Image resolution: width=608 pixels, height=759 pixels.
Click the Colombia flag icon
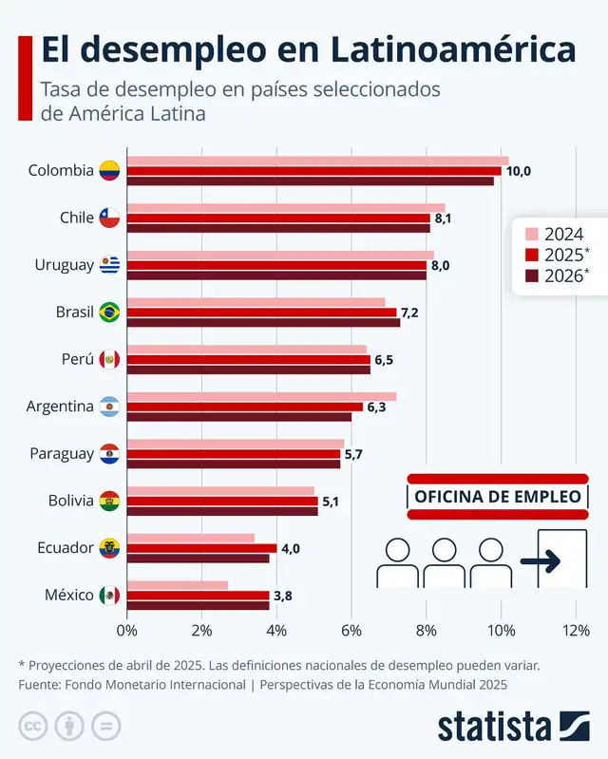tap(110, 171)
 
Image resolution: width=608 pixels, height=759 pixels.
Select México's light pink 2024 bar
tap(178, 585)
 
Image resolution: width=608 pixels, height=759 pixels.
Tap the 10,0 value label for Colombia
tap(518, 171)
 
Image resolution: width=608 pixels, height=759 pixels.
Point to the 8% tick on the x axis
tap(426, 630)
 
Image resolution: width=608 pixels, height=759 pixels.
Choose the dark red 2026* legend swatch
tap(532, 275)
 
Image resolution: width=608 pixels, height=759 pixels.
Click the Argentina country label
tap(60, 407)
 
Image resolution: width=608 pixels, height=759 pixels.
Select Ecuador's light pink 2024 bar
tap(190, 538)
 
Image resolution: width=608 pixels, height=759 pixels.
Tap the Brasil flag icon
tap(110, 312)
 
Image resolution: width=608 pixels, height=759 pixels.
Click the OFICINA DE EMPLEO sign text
tap(497, 497)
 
